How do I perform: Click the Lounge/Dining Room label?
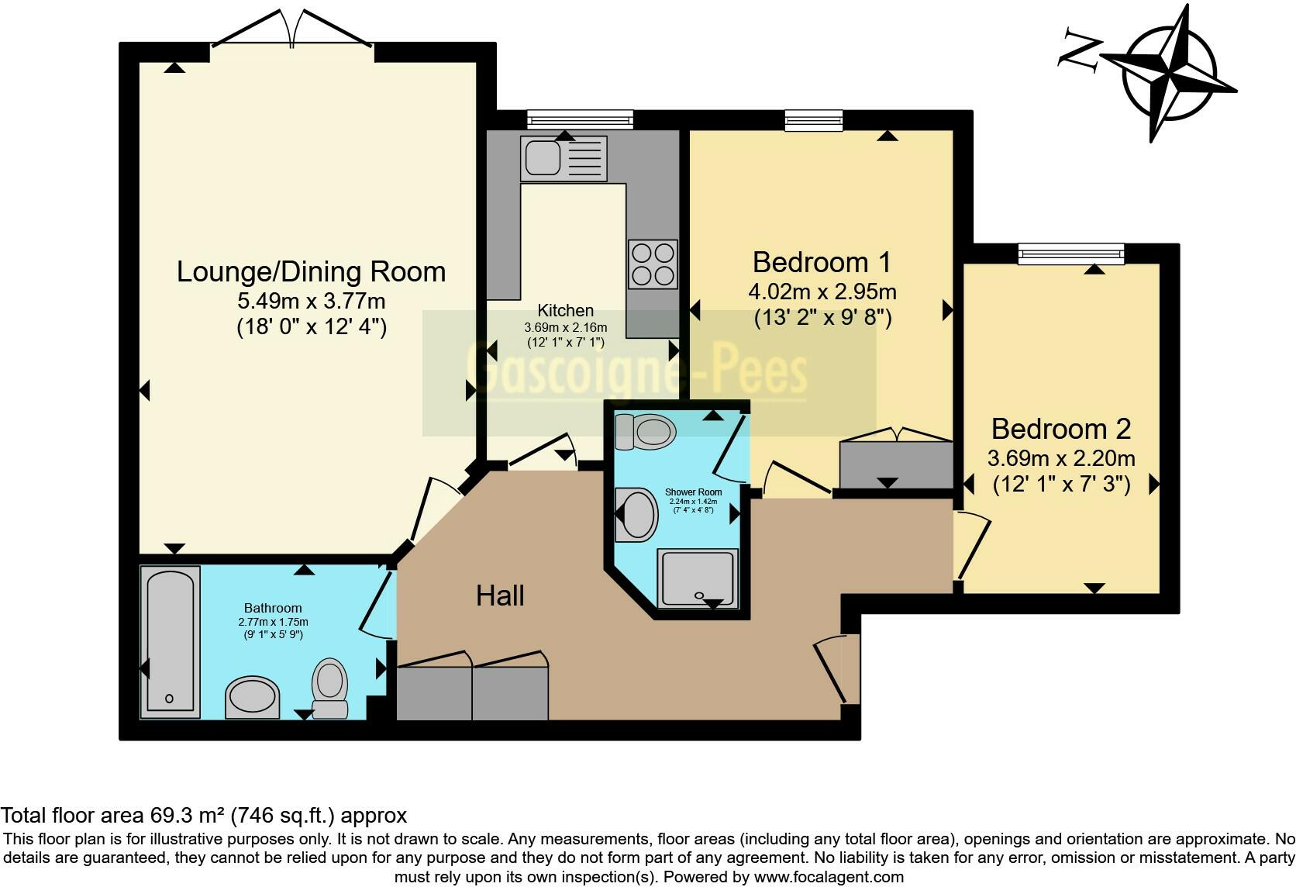click(311, 272)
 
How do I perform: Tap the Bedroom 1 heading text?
click(822, 263)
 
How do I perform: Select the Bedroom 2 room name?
click(1061, 430)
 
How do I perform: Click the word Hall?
click(500, 596)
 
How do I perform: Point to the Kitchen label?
click(565, 310)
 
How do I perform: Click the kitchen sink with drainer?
click(564, 158)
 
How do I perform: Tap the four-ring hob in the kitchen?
click(653, 264)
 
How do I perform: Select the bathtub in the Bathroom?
click(170, 642)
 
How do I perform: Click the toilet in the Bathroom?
click(329, 688)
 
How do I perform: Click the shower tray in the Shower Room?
click(697, 578)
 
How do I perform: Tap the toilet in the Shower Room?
click(645, 432)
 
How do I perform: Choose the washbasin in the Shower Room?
click(636, 514)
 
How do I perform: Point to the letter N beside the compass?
click(1080, 56)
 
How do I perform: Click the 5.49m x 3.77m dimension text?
click(312, 302)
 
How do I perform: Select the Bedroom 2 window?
click(1071, 254)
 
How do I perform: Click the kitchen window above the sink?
click(580, 119)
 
